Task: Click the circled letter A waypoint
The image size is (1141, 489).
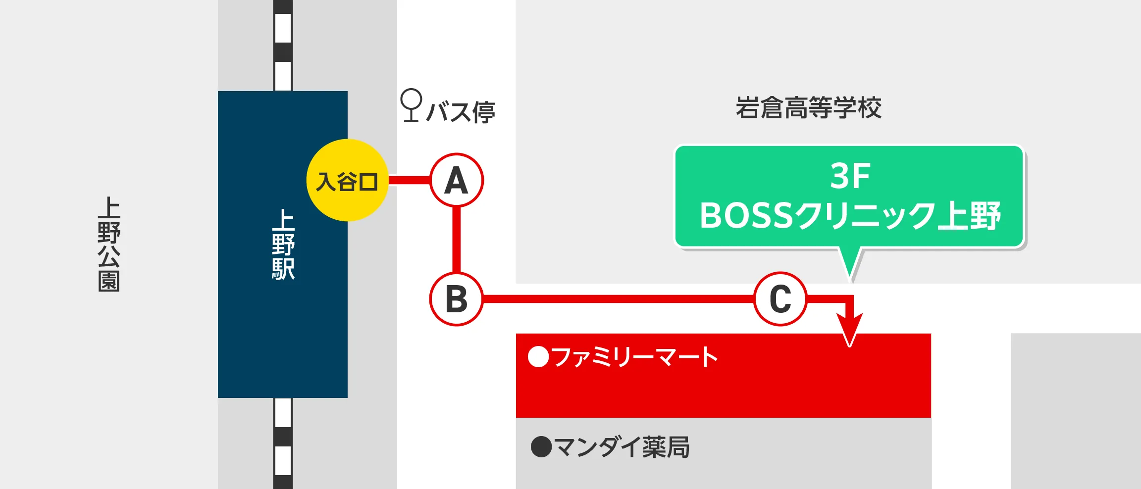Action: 457,180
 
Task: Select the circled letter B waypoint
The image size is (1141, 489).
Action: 456,299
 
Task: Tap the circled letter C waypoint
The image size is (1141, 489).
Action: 780,299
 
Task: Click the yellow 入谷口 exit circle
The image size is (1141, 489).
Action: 347,180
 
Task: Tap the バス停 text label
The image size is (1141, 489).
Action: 461,112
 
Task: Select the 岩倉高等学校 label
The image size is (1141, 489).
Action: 808,108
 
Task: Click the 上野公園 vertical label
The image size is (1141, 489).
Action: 109,244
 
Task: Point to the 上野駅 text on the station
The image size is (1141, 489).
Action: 283,244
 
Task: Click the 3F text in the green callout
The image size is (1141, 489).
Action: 850,176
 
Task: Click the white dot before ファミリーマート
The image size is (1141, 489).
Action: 538,357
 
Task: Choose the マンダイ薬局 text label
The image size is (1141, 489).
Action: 622,447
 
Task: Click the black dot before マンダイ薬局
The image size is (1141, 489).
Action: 541,447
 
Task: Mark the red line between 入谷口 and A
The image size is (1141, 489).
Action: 409,180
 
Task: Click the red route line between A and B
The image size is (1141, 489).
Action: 457,240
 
